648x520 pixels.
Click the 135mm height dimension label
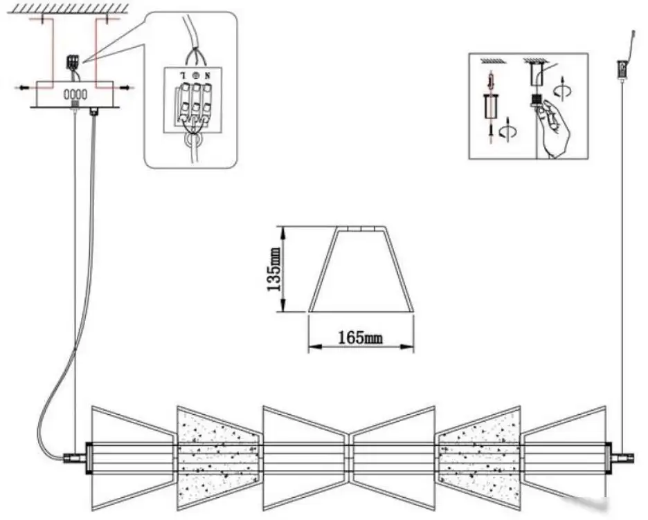[x=274, y=269]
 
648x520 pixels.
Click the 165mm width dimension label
[x=361, y=337]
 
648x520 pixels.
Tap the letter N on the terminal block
[x=208, y=75]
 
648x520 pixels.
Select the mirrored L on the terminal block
[x=182, y=75]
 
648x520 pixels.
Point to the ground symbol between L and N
[x=195, y=75]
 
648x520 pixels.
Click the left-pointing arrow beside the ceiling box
[x=25, y=87]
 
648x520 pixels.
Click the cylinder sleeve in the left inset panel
[x=490, y=106]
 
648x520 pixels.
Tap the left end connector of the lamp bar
[x=75, y=458]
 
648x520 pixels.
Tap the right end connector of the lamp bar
[x=623, y=458]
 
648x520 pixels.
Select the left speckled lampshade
[x=219, y=458]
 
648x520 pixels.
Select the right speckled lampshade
[x=478, y=458]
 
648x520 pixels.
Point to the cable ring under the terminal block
[x=194, y=141]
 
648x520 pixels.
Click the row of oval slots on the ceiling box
[x=75, y=95]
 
